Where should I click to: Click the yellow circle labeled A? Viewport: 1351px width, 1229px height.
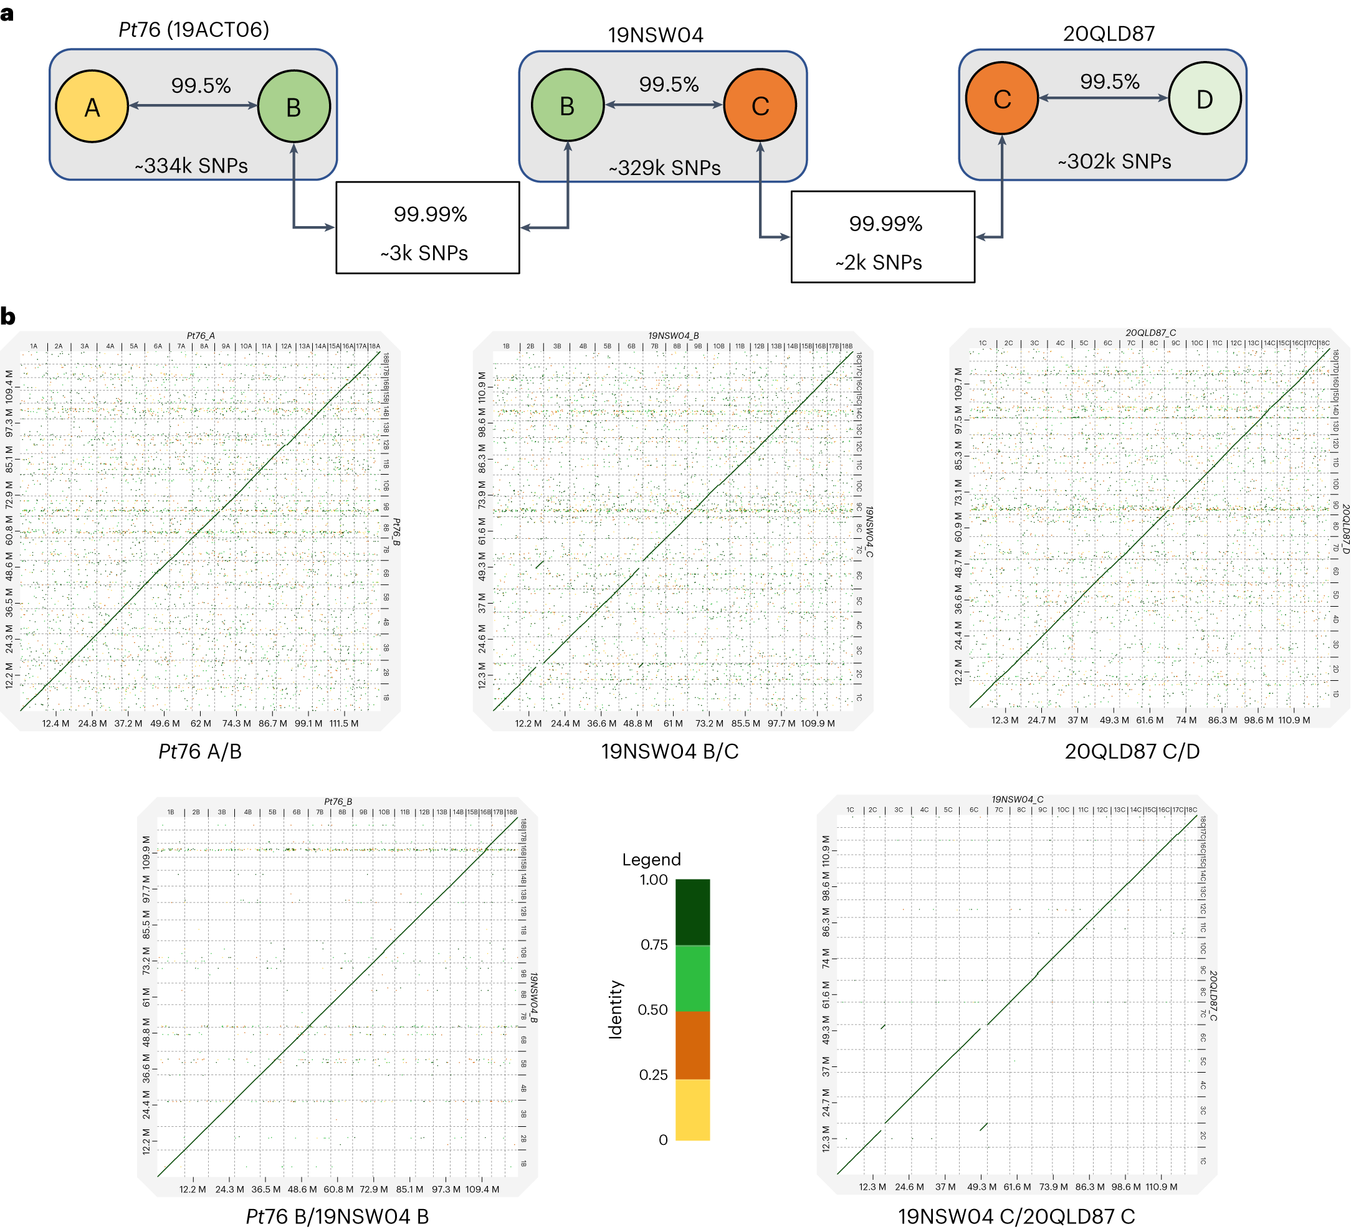point(92,107)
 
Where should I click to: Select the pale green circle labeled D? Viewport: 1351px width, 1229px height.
point(1204,98)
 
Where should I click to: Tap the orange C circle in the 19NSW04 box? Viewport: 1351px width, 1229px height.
point(760,105)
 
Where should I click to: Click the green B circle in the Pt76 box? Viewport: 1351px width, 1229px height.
point(294,107)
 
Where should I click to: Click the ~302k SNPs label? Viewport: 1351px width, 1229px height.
point(1114,161)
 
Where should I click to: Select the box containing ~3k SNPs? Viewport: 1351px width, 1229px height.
point(427,228)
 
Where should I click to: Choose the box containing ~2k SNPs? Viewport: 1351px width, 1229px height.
point(882,237)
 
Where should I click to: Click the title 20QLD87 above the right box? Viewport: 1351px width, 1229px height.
point(1109,34)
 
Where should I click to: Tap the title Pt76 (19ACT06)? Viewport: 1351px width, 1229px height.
point(194,29)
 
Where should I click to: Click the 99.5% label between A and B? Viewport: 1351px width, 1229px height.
point(201,86)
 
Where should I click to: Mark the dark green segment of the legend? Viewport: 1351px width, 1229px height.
point(692,911)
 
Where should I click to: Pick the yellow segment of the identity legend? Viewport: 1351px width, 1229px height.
point(692,1109)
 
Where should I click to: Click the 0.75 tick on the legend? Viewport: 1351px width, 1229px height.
point(654,944)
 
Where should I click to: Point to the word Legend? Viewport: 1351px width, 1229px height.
point(651,859)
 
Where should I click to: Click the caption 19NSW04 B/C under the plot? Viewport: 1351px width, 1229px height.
point(669,751)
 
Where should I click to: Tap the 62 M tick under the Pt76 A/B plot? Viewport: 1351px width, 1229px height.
point(201,723)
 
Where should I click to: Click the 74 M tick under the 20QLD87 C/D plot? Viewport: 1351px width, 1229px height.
point(1185,720)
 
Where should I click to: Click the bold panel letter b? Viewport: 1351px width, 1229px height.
point(8,316)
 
